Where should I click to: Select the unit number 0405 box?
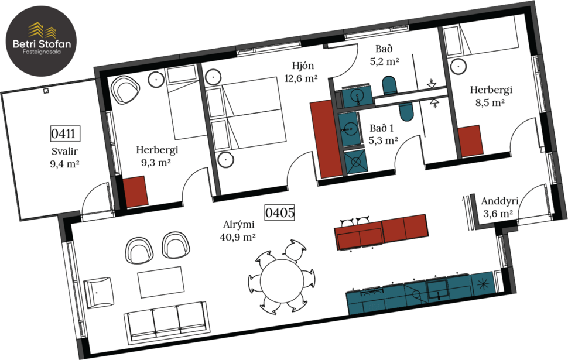(279, 211)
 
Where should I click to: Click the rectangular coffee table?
(160, 282)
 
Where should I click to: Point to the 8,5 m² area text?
(491, 102)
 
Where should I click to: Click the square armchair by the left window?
(98, 293)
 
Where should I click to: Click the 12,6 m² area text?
(301, 78)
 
